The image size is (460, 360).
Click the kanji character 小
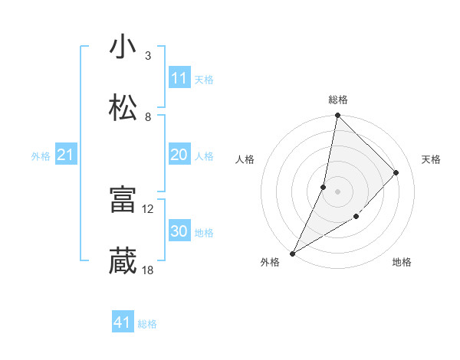(123, 47)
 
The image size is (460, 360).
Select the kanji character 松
(123, 107)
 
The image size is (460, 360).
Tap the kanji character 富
(123, 199)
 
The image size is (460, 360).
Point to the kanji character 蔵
(123, 260)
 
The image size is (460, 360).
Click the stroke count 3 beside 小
(148, 56)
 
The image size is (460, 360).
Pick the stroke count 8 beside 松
(148, 116)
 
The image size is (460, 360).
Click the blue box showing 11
(179, 78)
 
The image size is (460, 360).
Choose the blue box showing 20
(179, 155)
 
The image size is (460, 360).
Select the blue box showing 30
(179, 232)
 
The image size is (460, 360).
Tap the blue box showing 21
(66, 155)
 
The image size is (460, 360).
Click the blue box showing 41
(123, 323)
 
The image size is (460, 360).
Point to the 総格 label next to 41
(147, 324)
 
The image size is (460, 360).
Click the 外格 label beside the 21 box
(41, 156)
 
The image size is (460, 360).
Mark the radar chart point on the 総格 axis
(337, 116)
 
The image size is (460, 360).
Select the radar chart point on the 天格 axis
(396, 172)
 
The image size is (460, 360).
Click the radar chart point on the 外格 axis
(293, 253)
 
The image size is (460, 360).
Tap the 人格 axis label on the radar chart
(245, 159)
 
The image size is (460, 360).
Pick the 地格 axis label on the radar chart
(402, 263)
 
